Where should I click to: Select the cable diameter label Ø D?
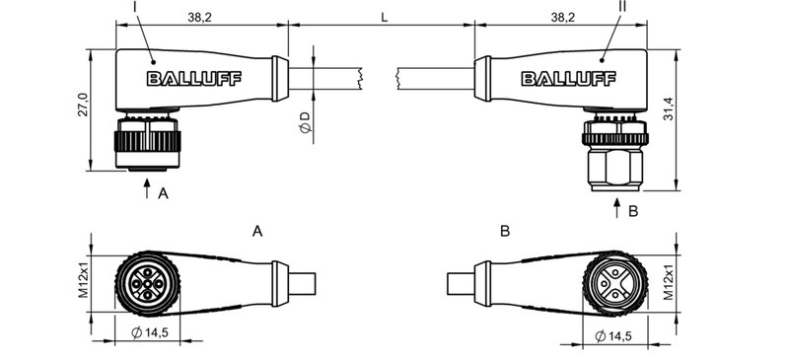click(305, 122)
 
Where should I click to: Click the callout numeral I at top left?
click(134, 8)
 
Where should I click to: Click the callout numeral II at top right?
click(621, 8)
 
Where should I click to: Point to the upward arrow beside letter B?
click(617, 208)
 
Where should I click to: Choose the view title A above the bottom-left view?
click(257, 232)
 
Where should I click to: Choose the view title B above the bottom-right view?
click(505, 232)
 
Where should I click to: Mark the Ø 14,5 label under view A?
click(148, 334)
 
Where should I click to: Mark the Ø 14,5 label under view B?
click(616, 335)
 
